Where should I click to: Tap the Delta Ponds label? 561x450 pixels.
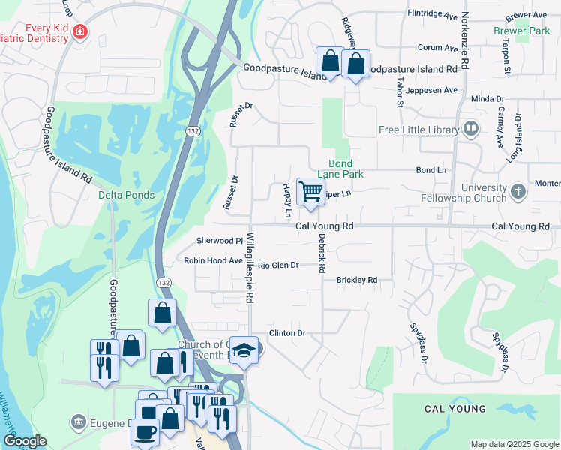(x=126, y=195)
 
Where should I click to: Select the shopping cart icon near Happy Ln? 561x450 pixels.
(x=310, y=191)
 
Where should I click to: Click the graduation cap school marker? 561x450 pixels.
(x=244, y=350)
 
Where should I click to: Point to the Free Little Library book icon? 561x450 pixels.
(x=471, y=129)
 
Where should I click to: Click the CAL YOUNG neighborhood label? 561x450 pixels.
(x=455, y=409)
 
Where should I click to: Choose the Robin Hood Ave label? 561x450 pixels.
(x=214, y=261)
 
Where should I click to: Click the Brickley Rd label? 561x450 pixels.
(x=356, y=280)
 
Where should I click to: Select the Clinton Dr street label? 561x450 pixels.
(x=288, y=332)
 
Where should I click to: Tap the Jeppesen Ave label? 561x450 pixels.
(x=432, y=90)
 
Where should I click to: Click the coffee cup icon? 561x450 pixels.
(x=148, y=431)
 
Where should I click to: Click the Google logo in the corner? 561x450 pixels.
(x=25, y=441)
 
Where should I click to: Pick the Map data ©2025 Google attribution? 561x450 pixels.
(x=514, y=444)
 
